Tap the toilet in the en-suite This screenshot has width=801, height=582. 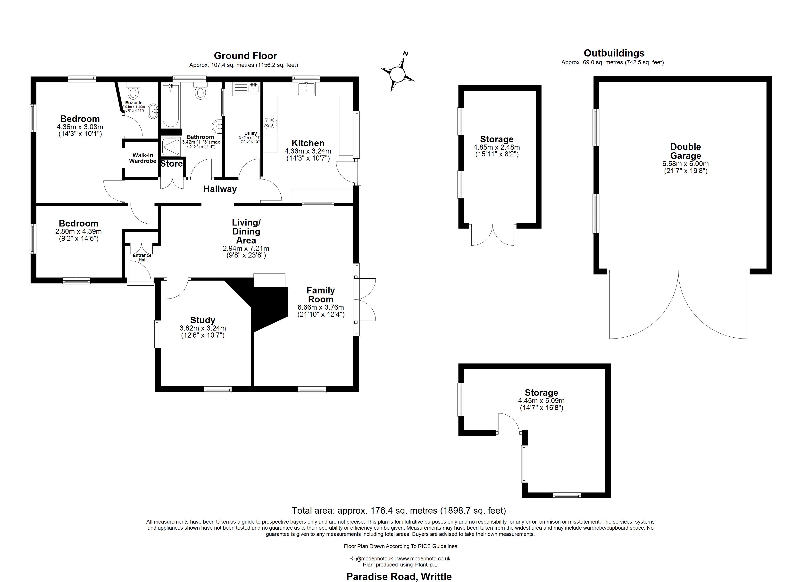[133, 91]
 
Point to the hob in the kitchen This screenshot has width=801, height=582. [270, 123]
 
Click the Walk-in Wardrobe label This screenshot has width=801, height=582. [143, 158]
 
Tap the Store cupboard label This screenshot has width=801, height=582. [171, 164]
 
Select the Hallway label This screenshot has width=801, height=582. [220, 189]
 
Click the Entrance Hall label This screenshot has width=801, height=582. [142, 258]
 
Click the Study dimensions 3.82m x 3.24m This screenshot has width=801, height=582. [203, 328]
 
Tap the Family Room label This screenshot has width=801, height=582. [320, 295]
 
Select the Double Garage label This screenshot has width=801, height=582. [685, 151]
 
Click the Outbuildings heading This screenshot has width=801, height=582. [614, 53]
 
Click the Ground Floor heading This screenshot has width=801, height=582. [245, 56]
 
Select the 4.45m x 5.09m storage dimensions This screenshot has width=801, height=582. [541, 401]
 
